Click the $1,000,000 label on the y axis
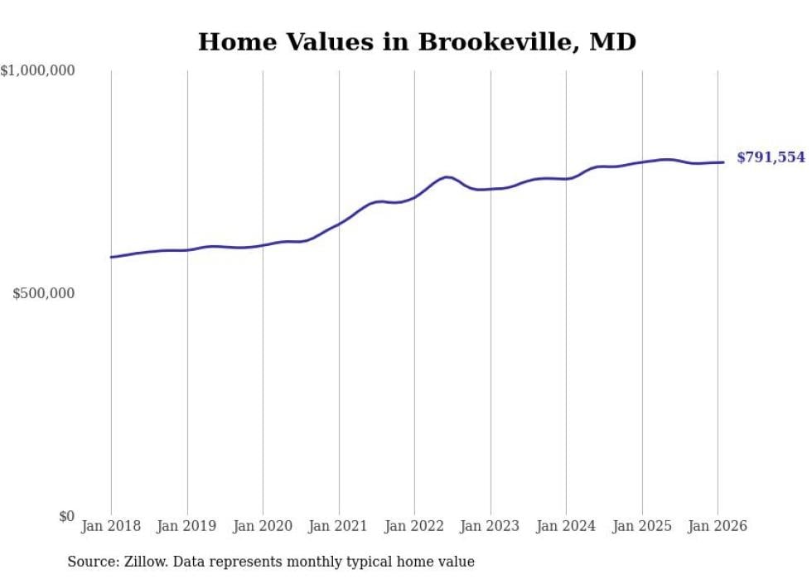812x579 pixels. point(37,71)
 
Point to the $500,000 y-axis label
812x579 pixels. point(43,293)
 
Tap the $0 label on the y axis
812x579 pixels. point(66,516)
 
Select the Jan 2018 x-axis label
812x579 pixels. point(111,526)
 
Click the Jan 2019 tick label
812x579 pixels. point(187,526)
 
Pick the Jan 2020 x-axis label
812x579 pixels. point(263,526)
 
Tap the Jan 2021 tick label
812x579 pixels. point(339,526)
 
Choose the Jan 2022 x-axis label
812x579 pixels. point(414,526)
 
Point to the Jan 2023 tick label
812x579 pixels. point(491,526)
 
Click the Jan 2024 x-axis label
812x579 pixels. point(566,526)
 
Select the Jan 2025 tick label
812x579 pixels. point(642,526)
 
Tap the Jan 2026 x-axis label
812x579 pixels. point(718,526)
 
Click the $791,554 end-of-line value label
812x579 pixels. point(771,157)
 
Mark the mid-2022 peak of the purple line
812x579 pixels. point(447,176)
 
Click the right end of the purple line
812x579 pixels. point(724,162)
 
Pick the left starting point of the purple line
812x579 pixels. point(111,257)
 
